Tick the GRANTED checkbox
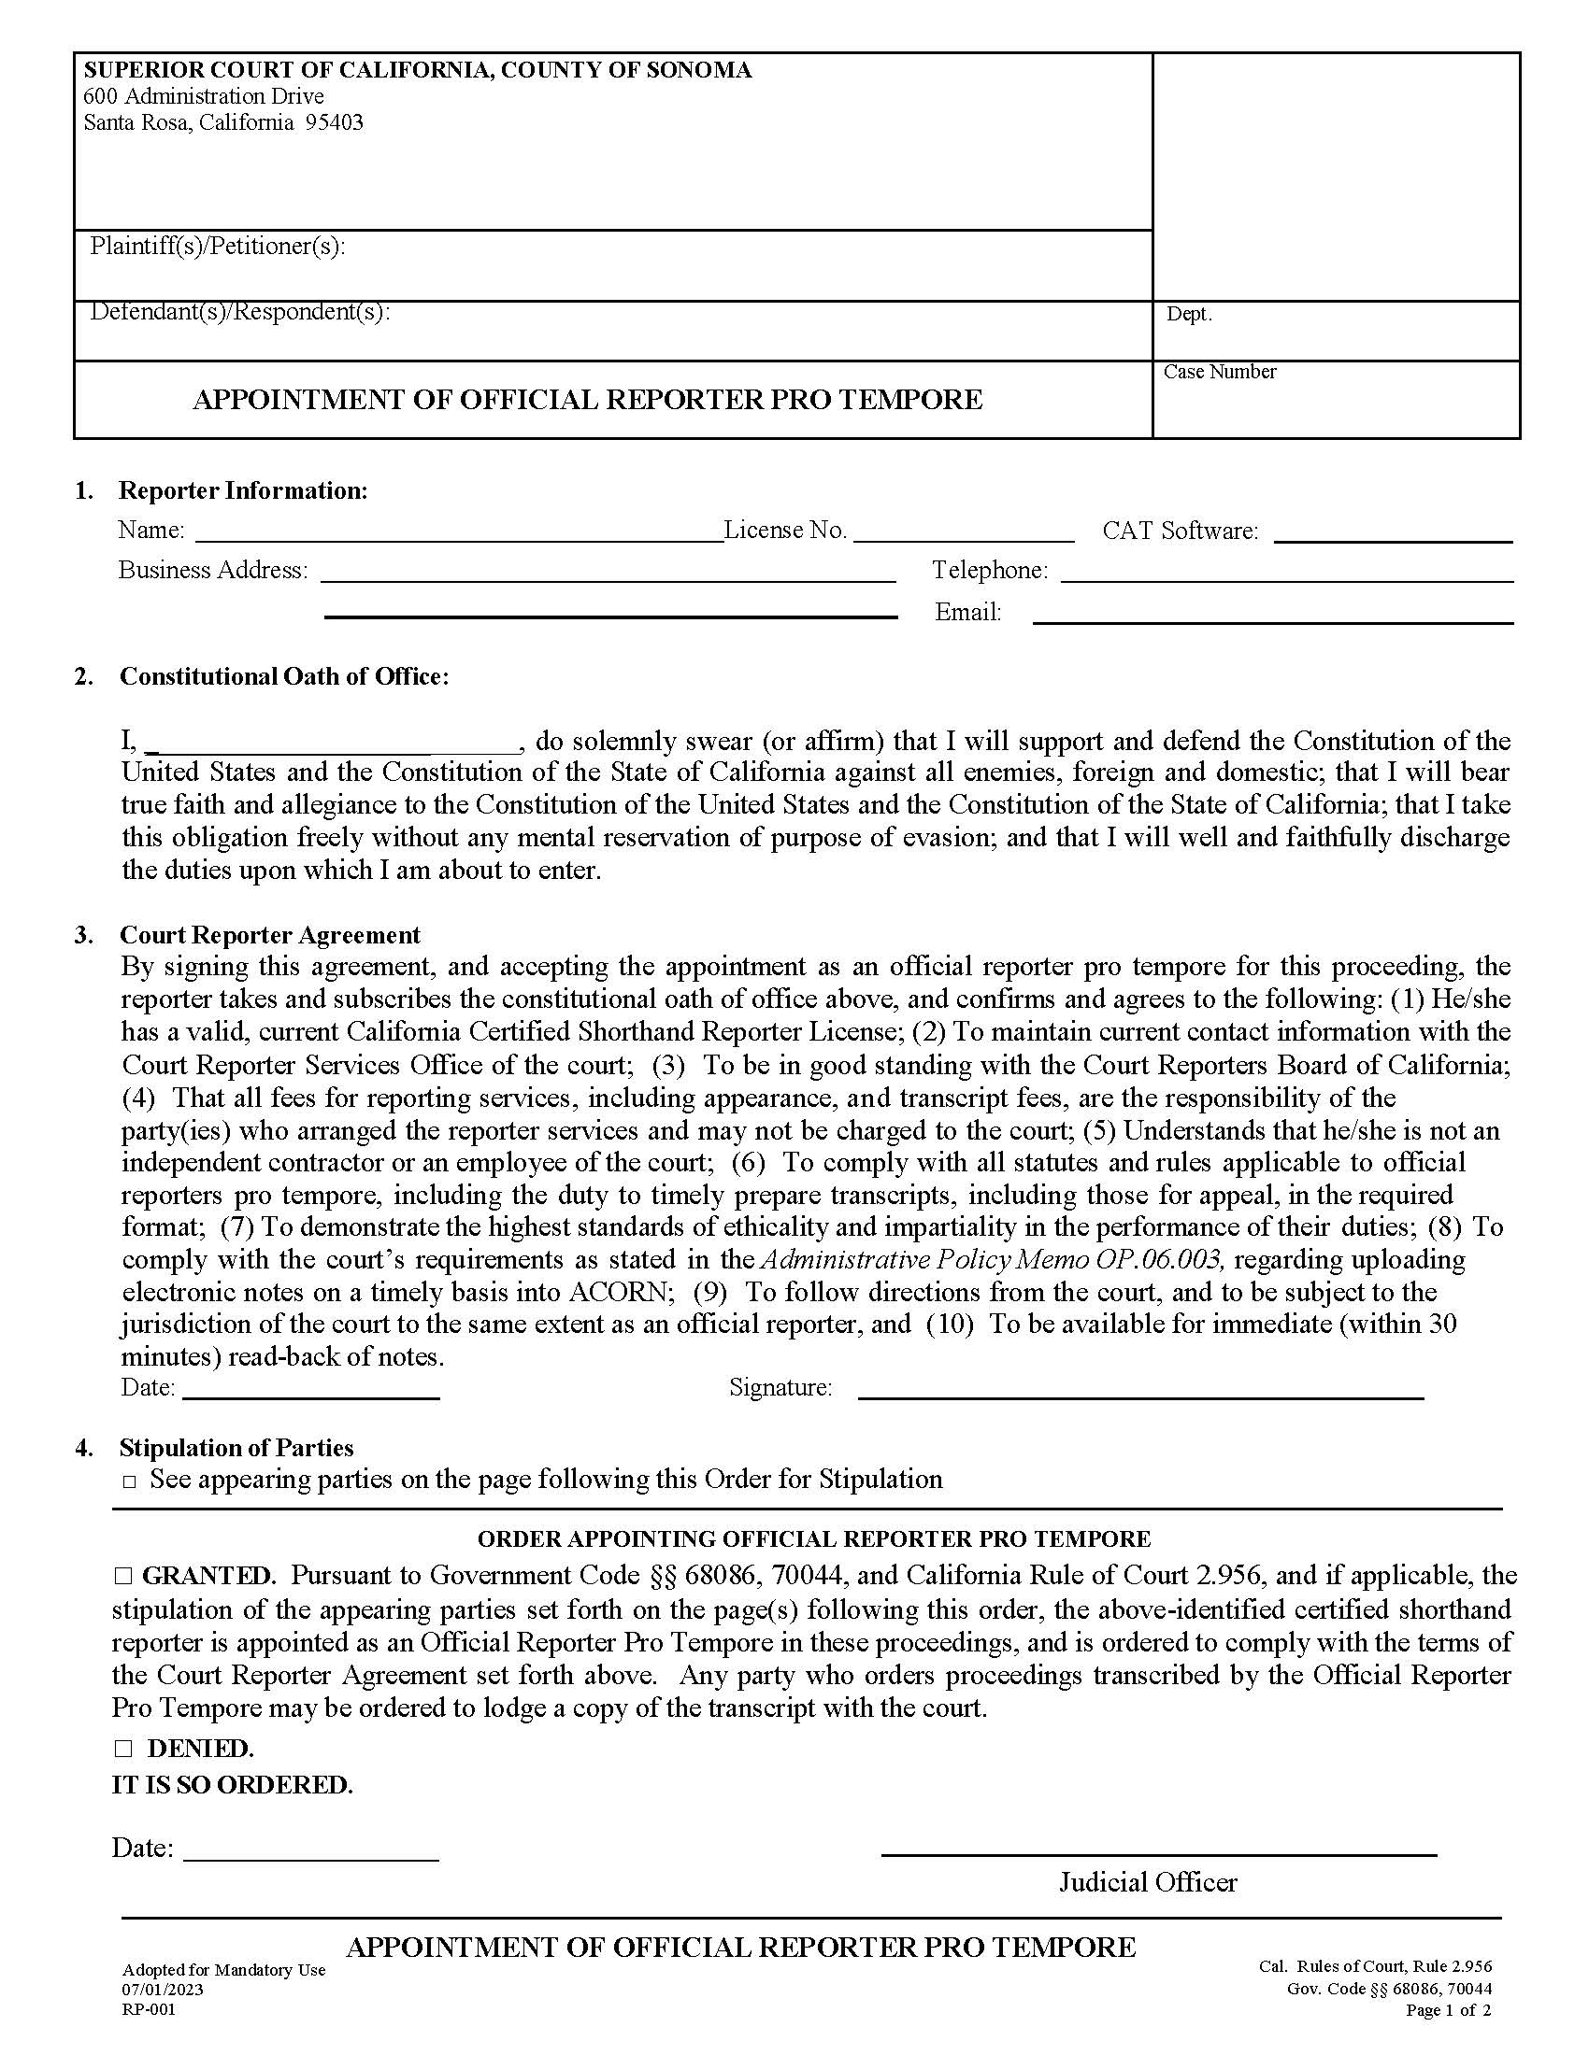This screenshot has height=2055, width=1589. tap(123, 1575)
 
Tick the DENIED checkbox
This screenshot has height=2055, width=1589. tap(123, 1749)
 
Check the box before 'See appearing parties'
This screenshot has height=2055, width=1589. tap(130, 1482)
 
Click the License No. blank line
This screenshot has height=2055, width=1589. tap(963, 536)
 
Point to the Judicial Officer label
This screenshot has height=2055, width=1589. tap(1148, 1882)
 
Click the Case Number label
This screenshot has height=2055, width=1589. tap(1219, 372)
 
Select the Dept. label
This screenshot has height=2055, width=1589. tap(1189, 314)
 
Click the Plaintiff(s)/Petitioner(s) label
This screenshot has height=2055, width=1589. tap(218, 247)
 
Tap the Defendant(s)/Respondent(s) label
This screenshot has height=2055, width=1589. tap(239, 311)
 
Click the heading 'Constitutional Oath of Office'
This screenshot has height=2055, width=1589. tap(283, 676)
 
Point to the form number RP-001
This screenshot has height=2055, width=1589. tap(148, 2010)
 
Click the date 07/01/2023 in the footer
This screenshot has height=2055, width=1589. tap(162, 1989)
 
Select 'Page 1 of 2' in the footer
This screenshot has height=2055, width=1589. tap(1448, 2011)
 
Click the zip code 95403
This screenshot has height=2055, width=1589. tap(334, 122)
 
